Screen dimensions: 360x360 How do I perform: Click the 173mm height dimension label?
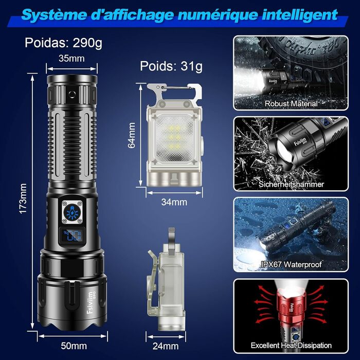click(x=23, y=199)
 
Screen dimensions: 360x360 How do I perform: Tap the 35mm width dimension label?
click(x=71, y=58)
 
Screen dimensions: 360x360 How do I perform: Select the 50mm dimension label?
click(x=74, y=346)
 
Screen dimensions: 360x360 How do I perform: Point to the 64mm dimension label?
click(x=132, y=135)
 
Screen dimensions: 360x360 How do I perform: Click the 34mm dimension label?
click(x=174, y=202)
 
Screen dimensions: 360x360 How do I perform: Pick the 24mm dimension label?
click(x=166, y=346)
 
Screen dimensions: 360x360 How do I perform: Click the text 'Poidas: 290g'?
click(x=63, y=43)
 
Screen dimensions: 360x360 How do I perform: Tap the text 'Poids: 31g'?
click(x=171, y=66)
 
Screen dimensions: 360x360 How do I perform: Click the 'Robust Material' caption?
click(x=291, y=103)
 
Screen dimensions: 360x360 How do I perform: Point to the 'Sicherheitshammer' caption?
click(x=291, y=184)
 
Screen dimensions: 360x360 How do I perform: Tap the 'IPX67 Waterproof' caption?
click(x=291, y=264)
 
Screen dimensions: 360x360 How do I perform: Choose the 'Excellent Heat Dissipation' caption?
click(x=291, y=345)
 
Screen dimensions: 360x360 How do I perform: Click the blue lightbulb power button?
click(x=73, y=212)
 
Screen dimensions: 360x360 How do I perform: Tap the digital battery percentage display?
click(x=72, y=236)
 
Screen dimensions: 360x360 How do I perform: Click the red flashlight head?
click(x=291, y=306)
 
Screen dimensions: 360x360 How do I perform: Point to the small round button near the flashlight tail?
click(x=72, y=94)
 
